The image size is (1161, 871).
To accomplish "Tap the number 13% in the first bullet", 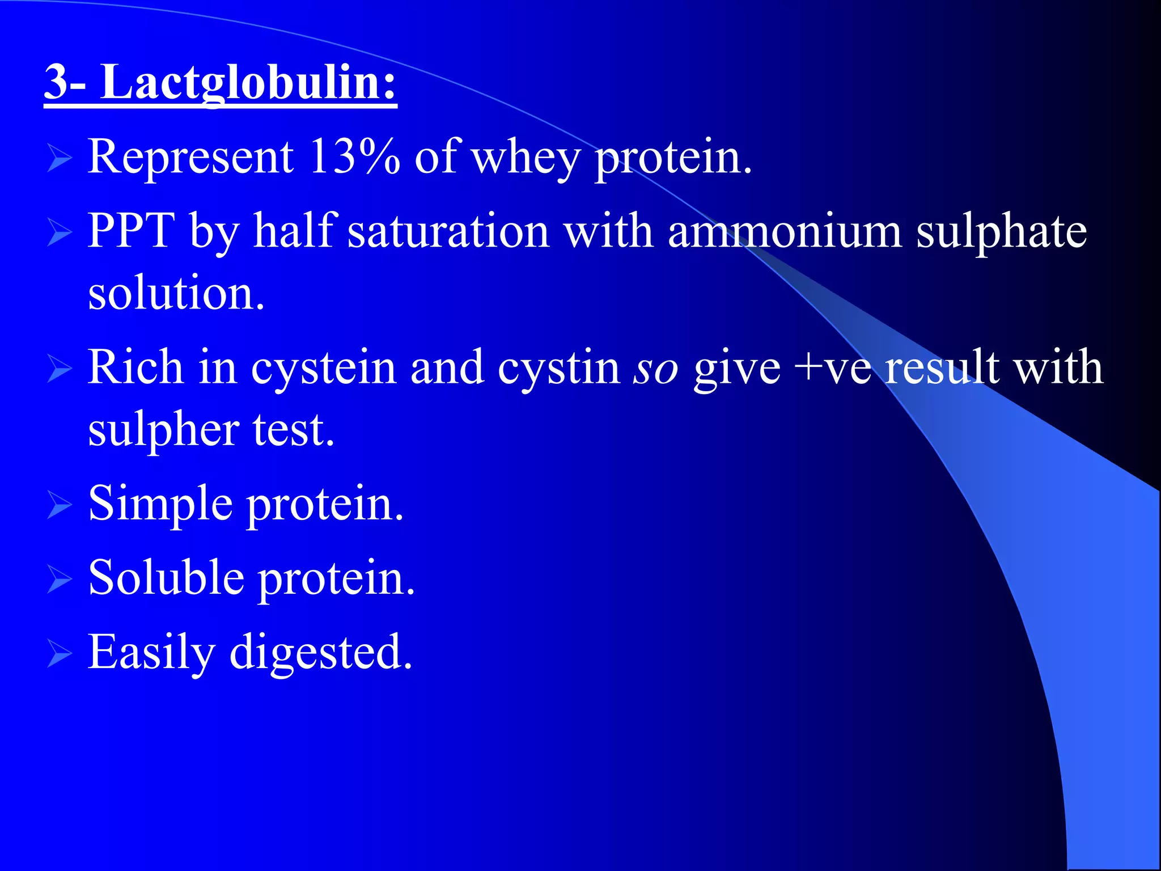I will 354,157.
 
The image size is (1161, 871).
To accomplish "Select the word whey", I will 526,158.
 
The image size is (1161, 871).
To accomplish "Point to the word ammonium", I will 785,231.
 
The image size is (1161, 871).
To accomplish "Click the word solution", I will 176,293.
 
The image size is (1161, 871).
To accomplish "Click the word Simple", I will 160,504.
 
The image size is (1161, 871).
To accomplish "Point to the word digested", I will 321,652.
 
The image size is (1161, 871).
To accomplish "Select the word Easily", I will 151,652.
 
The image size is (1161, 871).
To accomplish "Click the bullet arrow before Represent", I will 59,158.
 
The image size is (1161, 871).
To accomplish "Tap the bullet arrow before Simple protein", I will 59,505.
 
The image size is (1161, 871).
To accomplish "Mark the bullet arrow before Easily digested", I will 59,653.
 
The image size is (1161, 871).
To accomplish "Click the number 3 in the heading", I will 57,83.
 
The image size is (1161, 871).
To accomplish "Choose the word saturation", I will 448,231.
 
